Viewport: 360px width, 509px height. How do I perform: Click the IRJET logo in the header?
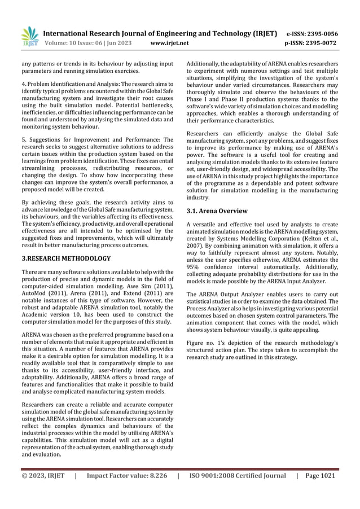(x=29, y=36)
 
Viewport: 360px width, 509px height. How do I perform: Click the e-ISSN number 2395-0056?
(x=319, y=33)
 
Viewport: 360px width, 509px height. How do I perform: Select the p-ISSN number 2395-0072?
(x=319, y=42)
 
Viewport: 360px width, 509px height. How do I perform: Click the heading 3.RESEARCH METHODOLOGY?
(x=66, y=258)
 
